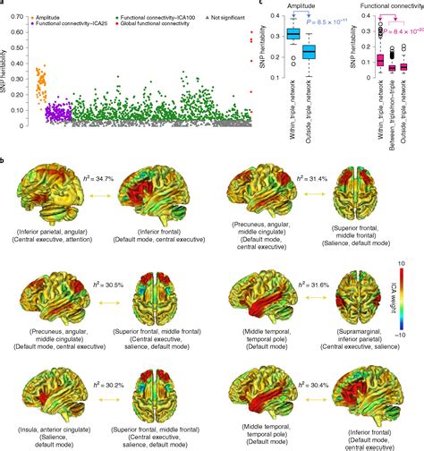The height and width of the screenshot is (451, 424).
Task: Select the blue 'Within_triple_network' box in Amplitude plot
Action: tap(292, 35)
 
